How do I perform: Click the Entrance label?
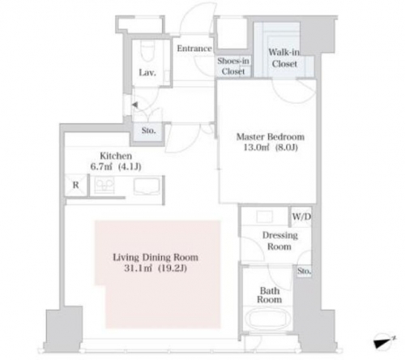(194, 49)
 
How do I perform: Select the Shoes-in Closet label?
(233, 66)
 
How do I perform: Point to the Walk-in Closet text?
(284, 58)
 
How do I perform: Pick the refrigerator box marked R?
(76, 185)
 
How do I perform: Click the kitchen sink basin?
(147, 186)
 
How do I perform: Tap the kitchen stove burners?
(104, 185)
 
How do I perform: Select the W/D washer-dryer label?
(301, 216)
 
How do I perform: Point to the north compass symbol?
(384, 341)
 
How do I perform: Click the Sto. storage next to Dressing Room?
(305, 271)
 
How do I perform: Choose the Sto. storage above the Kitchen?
(148, 131)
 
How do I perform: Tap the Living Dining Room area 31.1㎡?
(138, 268)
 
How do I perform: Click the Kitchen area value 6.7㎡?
(101, 167)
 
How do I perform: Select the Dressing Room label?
(280, 241)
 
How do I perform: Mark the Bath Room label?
(270, 295)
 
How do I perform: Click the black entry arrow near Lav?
(134, 105)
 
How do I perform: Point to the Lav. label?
(147, 72)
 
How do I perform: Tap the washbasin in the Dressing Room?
(265, 216)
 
